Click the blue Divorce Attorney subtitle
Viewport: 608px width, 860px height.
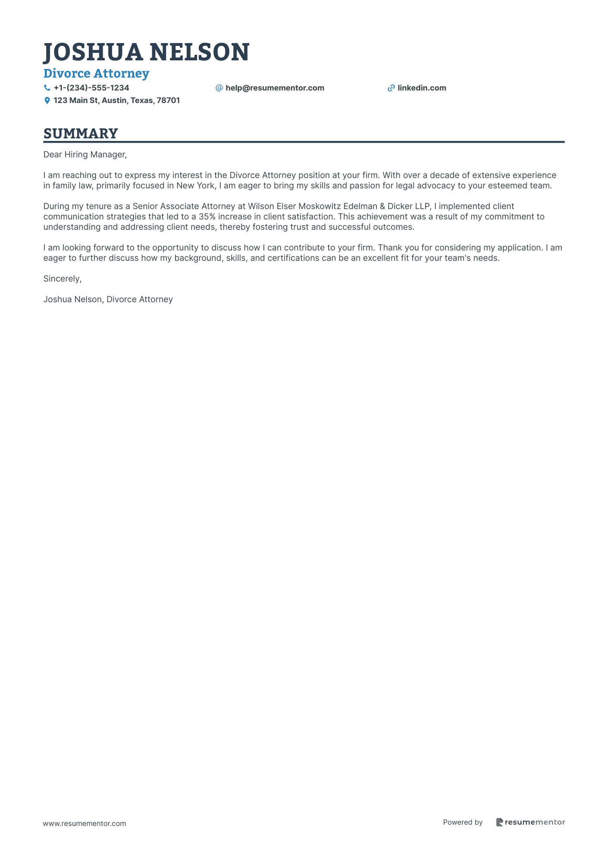(96, 74)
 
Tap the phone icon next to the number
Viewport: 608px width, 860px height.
(47, 88)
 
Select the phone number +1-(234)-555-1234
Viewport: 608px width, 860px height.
(91, 88)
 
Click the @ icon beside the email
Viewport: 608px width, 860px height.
(219, 88)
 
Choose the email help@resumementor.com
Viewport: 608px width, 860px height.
(275, 88)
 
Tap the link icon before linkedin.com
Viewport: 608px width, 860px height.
(391, 88)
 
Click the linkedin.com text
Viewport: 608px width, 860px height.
(422, 88)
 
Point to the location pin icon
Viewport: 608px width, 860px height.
(47, 100)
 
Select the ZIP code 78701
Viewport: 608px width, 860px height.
(168, 100)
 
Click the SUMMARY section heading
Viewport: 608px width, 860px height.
(81, 134)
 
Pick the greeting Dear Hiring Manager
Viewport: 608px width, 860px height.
(85, 154)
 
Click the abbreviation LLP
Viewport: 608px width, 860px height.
(422, 206)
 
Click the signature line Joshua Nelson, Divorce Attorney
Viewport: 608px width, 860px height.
(108, 300)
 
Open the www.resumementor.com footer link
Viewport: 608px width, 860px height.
(85, 823)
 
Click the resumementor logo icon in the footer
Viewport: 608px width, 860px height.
(499, 822)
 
